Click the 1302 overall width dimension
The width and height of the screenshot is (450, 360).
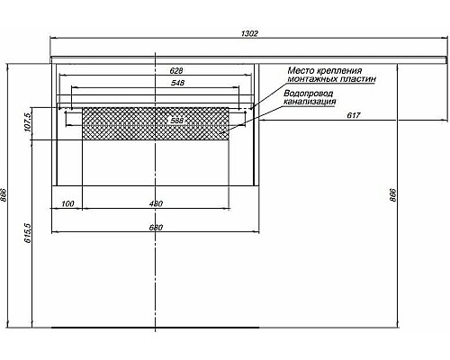[250, 33]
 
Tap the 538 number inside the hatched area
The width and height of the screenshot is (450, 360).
[176, 120]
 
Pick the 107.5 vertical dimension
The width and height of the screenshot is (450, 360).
[29, 123]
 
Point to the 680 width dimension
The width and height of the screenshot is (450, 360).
[155, 226]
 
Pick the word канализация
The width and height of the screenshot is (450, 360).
[310, 103]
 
